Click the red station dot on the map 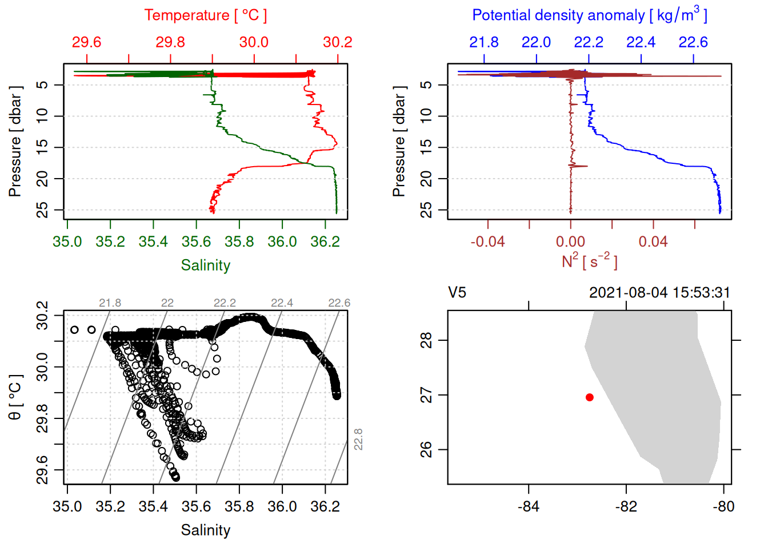tap(589, 397)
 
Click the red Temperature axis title tap(205, 15)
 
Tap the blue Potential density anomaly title tap(589, 15)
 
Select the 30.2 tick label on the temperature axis tap(337, 42)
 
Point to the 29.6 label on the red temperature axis tap(87, 42)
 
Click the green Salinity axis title tap(205, 265)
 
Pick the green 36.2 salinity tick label tap(325, 242)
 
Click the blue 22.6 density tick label tap(693, 42)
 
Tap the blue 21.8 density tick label tap(484, 42)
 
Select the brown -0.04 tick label tap(487, 242)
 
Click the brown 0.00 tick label tap(570, 242)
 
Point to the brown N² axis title tap(589, 261)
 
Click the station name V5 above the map tap(457, 293)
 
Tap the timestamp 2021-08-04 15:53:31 tap(659, 293)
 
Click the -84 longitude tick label tap(528, 506)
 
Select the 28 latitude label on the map tap(426, 341)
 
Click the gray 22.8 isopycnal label tap(358, 440)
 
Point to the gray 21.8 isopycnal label tap(110, 303)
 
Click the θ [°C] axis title tap(15, 397)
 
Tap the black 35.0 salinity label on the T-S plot tap(67, 506)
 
